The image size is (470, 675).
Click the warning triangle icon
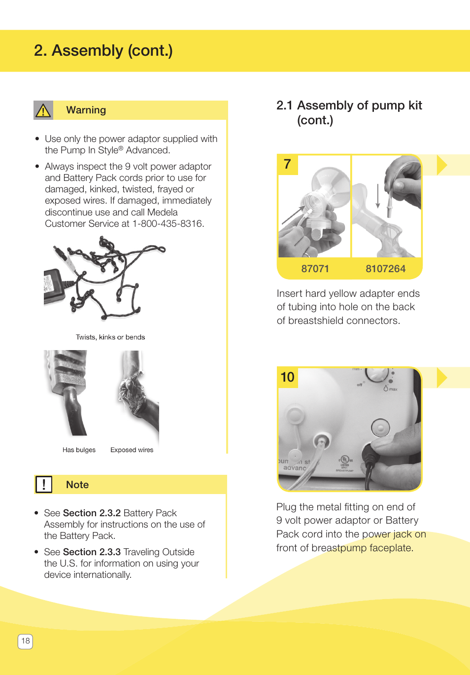pyautogui.click(x=43, y=110)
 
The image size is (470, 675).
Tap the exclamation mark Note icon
pyautogui.click(x=44, y=485)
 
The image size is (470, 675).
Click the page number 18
pyautogui.click(x=26, y=641)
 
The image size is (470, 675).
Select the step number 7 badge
pyautogui.click(x=288, y=164)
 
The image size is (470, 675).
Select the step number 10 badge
pyautogui.click(x=288, y=377)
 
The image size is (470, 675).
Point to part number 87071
pyautogui.click(x=315, y=269)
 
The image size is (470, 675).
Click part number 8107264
pyautogui.click(x=385, y=269)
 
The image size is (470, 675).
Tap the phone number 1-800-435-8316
pyautogui.click(x=168, y=224)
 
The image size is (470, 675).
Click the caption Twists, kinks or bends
pyautogui.click(x=110, y=337)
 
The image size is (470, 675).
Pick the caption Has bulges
pyautogui.click(x=79, y=450)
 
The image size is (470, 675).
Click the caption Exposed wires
pyautogui.click(x=132, y=450)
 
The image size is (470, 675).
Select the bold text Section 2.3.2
pyautogui.click(x=92, y=513)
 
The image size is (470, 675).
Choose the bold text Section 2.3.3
pyautogui.click(x=92, y=552)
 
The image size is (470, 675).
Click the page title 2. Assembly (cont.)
pyautogui.click(x=103, y=51)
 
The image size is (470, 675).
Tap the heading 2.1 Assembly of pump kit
pyautogui.click(x=349, y=106)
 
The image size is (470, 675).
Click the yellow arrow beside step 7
pyautogui.click(x=442, y=165)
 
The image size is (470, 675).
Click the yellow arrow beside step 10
pyautogui.click(x=442, y=378)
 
